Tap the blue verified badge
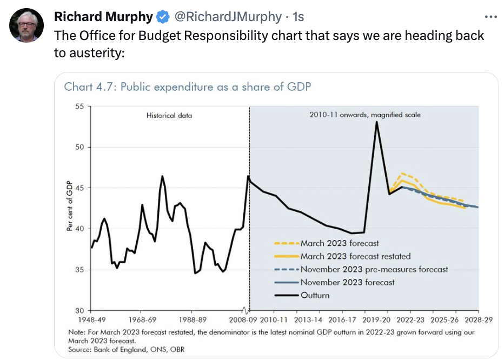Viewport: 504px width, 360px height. [x=163, y=17]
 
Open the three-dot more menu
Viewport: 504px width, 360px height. [x=490, y=17]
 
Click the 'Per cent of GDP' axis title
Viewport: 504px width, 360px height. [x=70, y=208]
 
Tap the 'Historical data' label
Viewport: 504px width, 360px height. [x=169, y=115]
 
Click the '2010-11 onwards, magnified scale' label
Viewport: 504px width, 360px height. [x=364, y=115]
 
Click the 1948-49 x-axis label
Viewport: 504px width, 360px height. [x=91, y=319]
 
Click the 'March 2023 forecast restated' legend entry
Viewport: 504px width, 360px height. [x=355, y=256]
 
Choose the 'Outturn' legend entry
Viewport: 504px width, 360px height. [x=315, y=295]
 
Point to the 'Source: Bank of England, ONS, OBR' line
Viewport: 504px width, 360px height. [x=127, y=350]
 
